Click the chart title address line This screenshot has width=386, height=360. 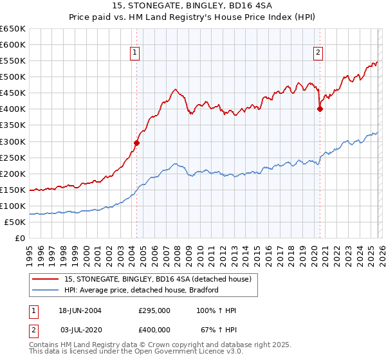[192, 7]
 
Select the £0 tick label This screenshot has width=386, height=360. [19, 238]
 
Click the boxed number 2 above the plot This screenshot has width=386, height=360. [318, 53]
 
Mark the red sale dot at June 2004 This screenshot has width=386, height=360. [136, 143]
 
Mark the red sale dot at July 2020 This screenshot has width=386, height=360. [320, 109]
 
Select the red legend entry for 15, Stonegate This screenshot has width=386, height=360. [161, 279]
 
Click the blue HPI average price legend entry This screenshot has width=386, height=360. [142, 290]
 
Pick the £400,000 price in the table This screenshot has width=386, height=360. [154, 330]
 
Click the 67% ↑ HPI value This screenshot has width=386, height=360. [219, 330]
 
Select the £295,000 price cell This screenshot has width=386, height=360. [154, 310]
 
